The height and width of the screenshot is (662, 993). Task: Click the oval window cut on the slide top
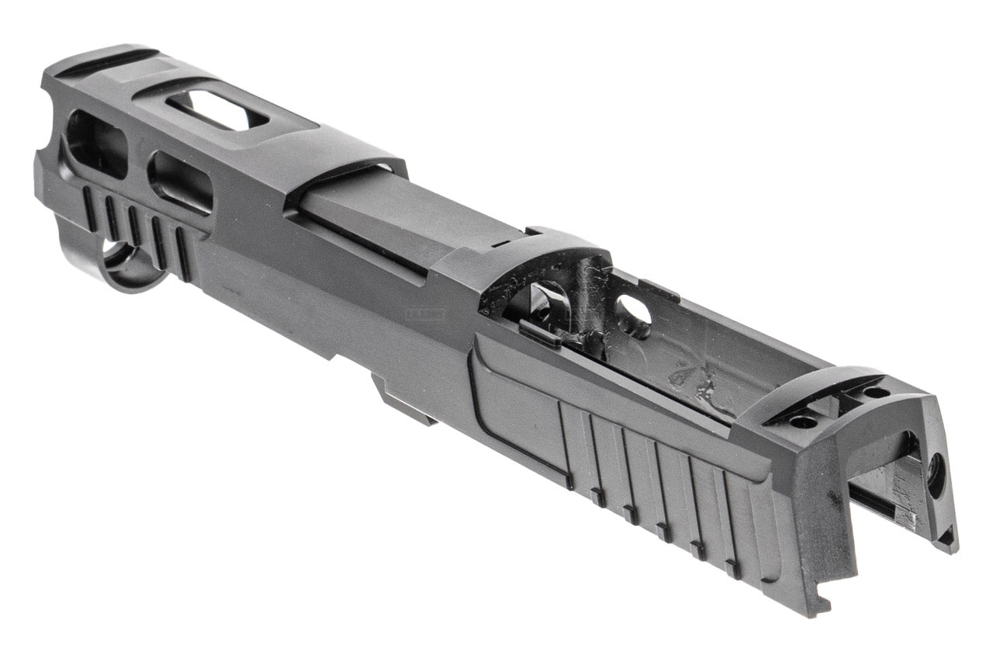point(217,111)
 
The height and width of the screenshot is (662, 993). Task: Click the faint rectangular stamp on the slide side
point(418,316)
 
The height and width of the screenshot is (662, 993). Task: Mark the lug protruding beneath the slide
point(403,400)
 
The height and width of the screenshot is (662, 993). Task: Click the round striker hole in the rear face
point(936,475)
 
